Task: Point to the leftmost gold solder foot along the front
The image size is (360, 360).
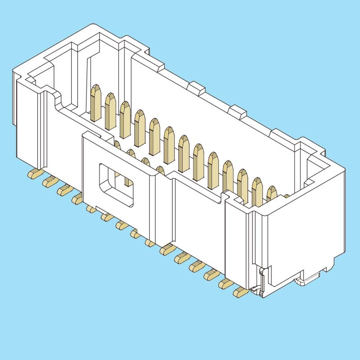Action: coord(34,173)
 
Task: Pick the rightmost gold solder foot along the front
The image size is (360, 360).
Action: coord(240,292)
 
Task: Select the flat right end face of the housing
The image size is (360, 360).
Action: coord(306,225)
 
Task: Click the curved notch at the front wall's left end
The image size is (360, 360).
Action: coord(55,95)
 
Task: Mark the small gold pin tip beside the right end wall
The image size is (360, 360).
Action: coord(286,196)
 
